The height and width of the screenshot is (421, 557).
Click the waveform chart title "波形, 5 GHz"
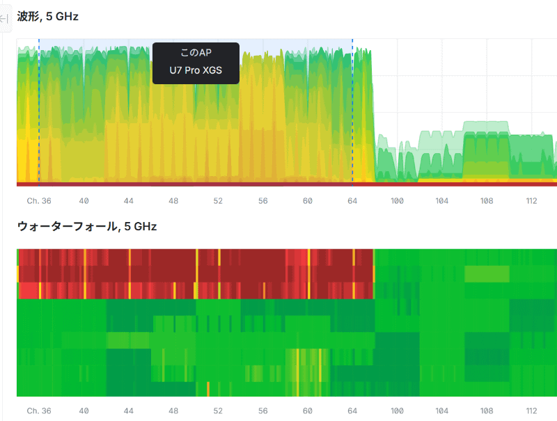point(47,16)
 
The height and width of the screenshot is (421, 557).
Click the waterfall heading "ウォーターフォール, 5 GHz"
point(87,226)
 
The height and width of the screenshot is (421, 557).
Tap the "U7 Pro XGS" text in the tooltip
point(196,70)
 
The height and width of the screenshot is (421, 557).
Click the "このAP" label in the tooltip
point(196,53)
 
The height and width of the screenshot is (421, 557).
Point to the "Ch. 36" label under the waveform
point(39,201)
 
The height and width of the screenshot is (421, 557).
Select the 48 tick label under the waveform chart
point(173,201)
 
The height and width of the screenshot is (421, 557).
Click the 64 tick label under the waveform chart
point(352,201)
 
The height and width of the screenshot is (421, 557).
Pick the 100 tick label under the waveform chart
point(397,201)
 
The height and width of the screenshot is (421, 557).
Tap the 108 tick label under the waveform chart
point(487,201)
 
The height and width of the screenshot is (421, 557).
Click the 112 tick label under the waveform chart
point(531,201)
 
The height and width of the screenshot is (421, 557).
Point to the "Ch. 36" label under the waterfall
point(39,411)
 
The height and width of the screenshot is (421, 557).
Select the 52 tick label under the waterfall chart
point(218,411)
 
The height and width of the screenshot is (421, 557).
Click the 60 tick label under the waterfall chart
point(308,411)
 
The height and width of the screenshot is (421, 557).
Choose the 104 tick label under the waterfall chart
point(442,411)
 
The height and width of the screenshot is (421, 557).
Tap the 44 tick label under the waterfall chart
point(129,411)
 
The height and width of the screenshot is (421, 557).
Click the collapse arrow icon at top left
point(3,19)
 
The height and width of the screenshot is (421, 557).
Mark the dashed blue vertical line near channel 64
point(352,111)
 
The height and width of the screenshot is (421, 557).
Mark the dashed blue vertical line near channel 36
point(39,111)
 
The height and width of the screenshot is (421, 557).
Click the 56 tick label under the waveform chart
point(262,201)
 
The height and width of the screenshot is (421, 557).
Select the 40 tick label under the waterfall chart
point(84,411)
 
